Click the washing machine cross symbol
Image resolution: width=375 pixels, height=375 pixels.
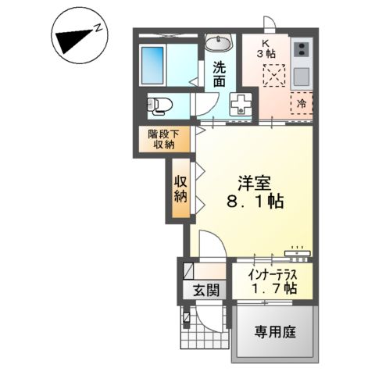[241, 105]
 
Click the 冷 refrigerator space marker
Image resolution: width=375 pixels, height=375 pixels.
[302, 102]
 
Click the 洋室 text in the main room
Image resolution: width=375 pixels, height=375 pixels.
[256, 182]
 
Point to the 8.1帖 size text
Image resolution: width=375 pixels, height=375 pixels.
[255, 202]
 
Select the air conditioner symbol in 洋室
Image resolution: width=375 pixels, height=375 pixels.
[298, 252]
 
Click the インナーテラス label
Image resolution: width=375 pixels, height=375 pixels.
[271, 274]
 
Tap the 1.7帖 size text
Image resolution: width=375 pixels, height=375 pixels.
[272, 288]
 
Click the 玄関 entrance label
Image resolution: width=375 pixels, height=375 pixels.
[205, 290]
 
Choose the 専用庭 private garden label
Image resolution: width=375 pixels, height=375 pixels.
[274, 331]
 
